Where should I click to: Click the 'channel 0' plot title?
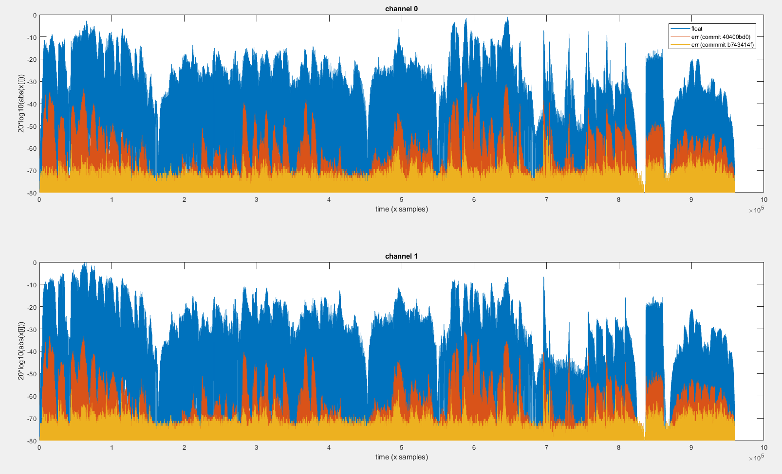pyautogui.click(x=401, y=9)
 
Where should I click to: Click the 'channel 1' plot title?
pyautogui.click(x=401, y=256)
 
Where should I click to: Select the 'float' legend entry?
pyautogui.click(x=697, y=29)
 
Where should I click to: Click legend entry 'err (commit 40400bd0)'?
pyautogui.click(x=721, y=37)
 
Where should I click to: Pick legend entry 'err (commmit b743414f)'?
pyautogui.click(x=723, y=45)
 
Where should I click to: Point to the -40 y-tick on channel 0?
pyautogui.click(x=32, y=104)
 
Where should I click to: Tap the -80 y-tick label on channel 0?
pyautogui.click(x=32, y=193)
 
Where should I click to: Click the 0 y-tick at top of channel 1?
pyautogui.click(x=35, y=263)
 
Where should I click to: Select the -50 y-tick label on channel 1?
pyautogui.click(x=32, y=374)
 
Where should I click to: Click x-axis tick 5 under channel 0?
pyautogui.click(x=402, y=200)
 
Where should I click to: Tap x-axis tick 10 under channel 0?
pyautogui.click(x=763, y=200)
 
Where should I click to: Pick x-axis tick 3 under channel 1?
pyautogui.click(x=256, y=448)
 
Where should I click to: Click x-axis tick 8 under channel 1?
pyautogui.click(x=618, y=448)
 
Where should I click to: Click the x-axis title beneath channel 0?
pyautogui.click(x=401, y=209)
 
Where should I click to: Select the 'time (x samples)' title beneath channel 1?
pyautogui.click(x=401, y=457)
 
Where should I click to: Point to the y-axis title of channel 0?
pyautogui.click(x=21, y=104)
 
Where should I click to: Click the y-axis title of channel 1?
pyautogui.click(x=21, y=351)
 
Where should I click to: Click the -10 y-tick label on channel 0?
pyautogui.click(x=32, y=37)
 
